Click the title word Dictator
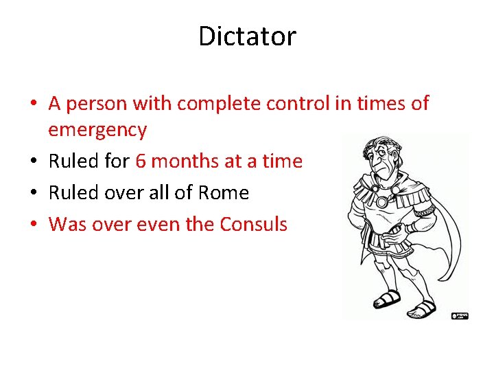pyautogui.click(x=247, y=36)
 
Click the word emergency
pyautogui.click(x=97, y=130)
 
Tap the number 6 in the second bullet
pyautogui.click(x=141, y=161)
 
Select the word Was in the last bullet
pyautogui.click(x=66, y=225)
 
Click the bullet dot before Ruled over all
pyautogui.click(x=34, y=193)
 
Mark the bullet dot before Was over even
pyautogui.click(x=34, y=225)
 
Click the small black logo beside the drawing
pyautogui.click(x=459, y=315)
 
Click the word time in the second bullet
pyautogui.click(x=281, y=161)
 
